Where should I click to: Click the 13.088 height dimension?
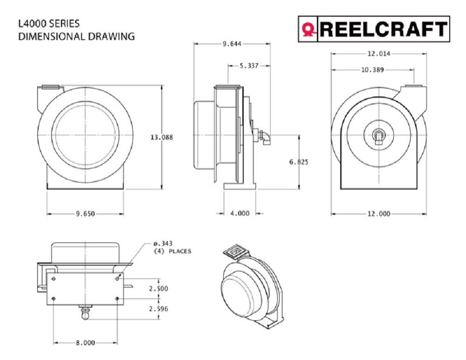point(161,137)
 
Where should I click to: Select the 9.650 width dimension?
point(85,214)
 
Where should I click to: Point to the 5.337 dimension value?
point(249,66)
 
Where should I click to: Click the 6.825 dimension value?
point(298,162)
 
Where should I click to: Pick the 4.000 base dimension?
point(240,214)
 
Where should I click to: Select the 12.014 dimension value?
point(378,54)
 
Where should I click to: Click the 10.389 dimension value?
point(372,70)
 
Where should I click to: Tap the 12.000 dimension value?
point(378,214)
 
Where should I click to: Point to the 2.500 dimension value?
point(159,289)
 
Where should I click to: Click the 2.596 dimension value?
point(159,309)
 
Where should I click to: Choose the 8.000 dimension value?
point(85,343)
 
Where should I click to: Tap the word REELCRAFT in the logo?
point(383,29)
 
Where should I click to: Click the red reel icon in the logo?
point(308,30)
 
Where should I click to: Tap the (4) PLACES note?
point(172,251)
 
